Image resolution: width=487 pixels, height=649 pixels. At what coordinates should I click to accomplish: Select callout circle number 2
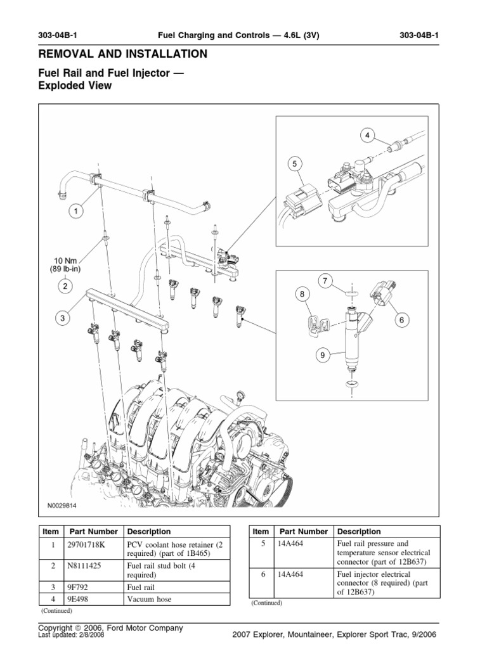coord(65,286)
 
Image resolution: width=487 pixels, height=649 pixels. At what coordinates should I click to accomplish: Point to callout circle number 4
coord(367,134)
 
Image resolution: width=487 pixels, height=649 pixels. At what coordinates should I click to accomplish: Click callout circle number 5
coord(294,164)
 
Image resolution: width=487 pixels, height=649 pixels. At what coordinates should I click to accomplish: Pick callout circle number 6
coord(401,321)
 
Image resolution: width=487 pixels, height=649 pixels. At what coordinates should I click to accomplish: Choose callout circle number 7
coord(324,280)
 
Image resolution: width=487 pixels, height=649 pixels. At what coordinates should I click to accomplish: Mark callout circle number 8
coord(302,294)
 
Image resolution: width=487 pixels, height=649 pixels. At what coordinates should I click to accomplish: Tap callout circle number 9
coord(321,356)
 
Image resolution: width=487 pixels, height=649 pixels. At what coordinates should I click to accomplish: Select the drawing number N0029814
coord(65,506)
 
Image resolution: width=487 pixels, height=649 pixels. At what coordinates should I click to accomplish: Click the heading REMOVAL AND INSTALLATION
coord(122,54)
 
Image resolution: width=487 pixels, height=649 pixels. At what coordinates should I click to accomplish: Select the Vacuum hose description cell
coord(149,599)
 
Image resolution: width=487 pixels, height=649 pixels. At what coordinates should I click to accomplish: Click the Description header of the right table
coord(359,532)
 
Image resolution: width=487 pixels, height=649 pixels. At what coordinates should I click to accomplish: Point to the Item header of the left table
coord(50,532)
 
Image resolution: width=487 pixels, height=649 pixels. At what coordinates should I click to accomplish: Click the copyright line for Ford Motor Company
coord(110,627)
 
